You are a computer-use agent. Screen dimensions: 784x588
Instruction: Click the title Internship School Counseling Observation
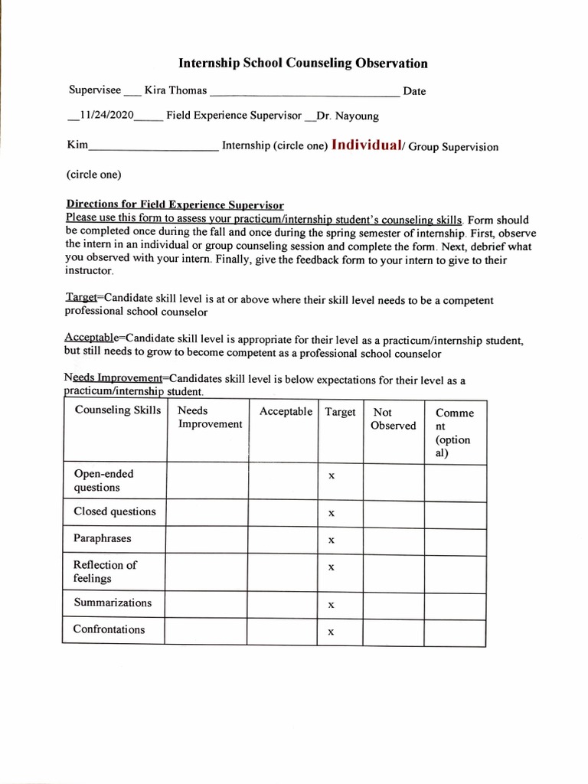pyautogui.click(x=302, y=64)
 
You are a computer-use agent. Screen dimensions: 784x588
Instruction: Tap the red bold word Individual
pyautogui.click(x=367, y=145)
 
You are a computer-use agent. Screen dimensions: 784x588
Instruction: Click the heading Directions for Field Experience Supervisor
pyautogui.click(x=175, y=204)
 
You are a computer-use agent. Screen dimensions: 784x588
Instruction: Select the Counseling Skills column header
pyautogui.click(x=118, y=410)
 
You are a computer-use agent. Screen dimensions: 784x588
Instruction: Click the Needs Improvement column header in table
pyautogui.click(x=209, y=418)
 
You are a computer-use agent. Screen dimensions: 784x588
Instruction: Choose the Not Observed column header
pyautogui.click(x=393, y=419)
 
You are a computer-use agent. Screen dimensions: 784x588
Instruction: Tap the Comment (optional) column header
pyautogui.click(x=454, y=433)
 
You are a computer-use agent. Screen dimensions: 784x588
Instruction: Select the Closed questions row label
pyautogui.click(x=114, y=511)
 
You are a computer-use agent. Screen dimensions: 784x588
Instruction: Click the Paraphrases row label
pyautogui.click(x=102, y=538)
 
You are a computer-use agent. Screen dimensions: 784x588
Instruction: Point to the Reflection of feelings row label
pyautogui.click(x=104, y=571)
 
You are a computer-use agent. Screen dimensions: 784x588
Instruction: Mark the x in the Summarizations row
pyautogui.click(x=331, y=605)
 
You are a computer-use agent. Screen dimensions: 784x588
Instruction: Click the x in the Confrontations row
pyautogui.click(x=331, y=632)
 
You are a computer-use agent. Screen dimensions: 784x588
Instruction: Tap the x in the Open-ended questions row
pyautogui.click(x=331, y=476)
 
